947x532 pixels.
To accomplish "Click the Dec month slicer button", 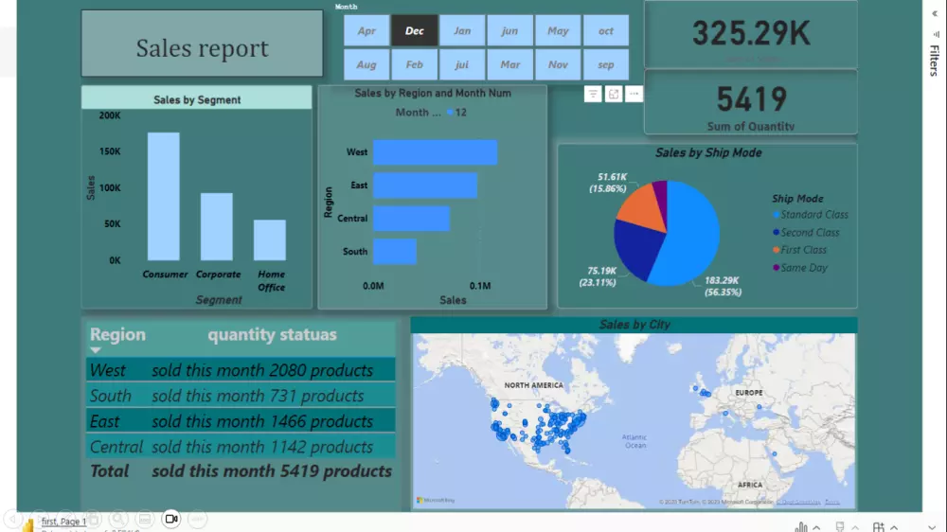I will tap(415, 31).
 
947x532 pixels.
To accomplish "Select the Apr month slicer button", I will tap(366, 31).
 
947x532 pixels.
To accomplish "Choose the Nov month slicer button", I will tap(558, 65).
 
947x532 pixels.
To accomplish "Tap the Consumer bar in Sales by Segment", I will tap(163, 197).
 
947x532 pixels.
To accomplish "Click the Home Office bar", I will tap(269, 240).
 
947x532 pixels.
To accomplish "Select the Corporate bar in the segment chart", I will tap(216, 227).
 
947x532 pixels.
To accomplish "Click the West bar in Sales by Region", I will tap(435, 152).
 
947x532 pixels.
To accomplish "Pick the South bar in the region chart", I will tap(394, 252).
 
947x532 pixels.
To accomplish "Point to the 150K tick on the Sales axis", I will tap(110, 151).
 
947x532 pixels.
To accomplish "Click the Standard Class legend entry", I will tap(813, 215).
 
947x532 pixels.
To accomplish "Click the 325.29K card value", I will tap(750, 34).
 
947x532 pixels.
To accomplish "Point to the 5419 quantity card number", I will tap(750, 99).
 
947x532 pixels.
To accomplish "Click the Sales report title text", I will tap(202, 48).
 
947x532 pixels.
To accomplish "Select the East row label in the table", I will tap(105, 421).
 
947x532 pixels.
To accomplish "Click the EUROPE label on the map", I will tap(748, 392).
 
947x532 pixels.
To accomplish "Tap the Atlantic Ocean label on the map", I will tap(634, 441).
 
